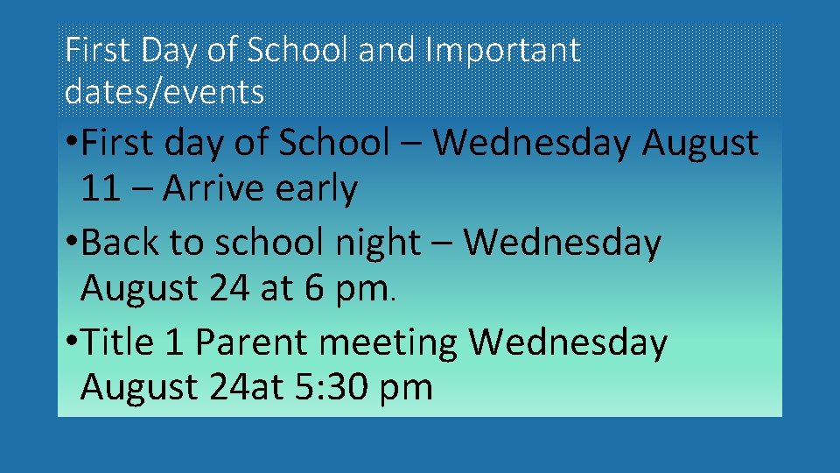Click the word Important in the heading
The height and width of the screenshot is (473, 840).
click(x=501, y=52)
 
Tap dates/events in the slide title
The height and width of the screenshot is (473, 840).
click(x=164, y=90)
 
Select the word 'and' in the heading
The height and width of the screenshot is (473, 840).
click(x=388, y=50)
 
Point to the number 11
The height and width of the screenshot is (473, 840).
click(x=100, y=188)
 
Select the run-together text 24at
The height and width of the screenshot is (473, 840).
click(x=241, y=386)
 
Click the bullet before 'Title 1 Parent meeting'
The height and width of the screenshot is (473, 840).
click(x=70, y=342)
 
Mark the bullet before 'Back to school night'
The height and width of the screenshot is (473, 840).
click(x=70, y=243)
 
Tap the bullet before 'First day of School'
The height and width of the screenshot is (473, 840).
click(x=70, y=143)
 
